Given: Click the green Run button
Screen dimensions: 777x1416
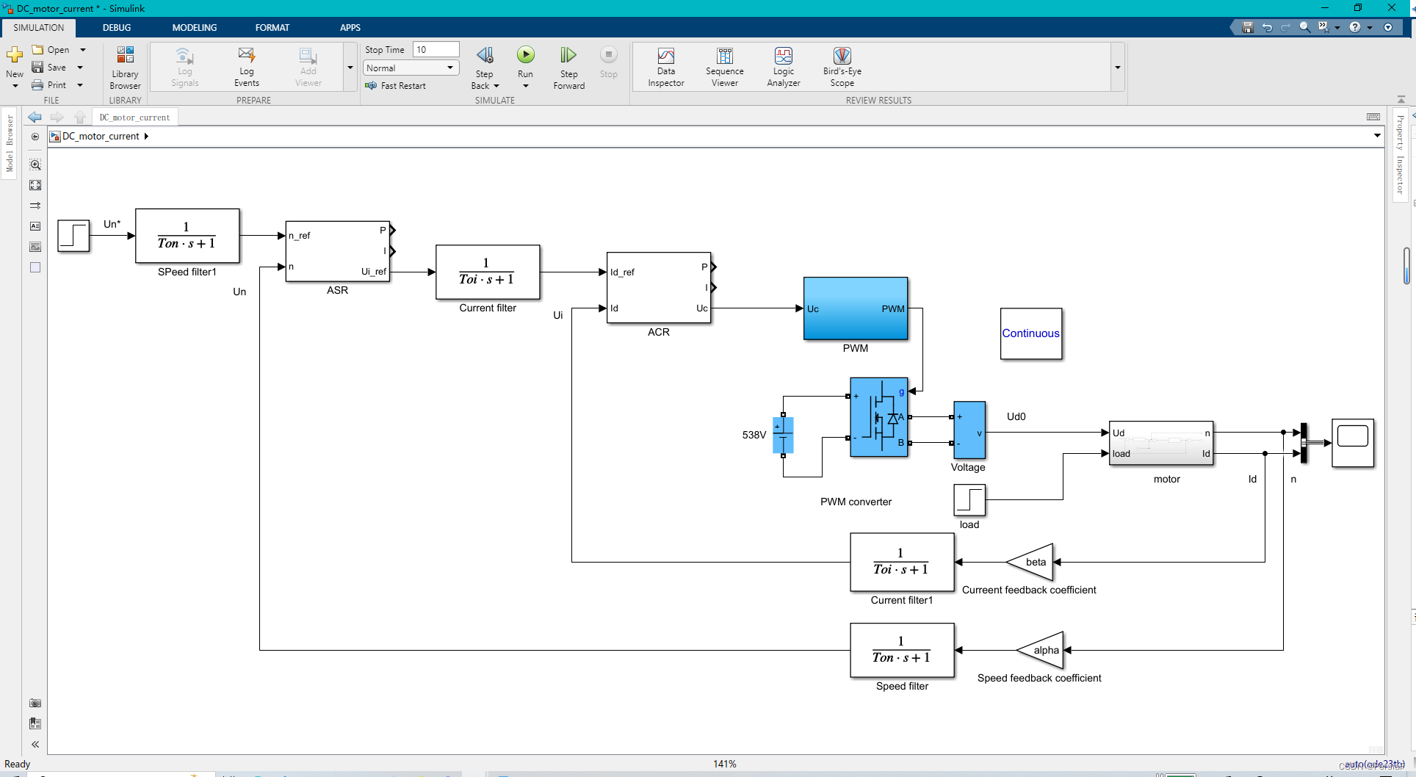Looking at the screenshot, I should tap(525, 55).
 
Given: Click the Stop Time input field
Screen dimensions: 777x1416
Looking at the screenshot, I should tap(436, 49).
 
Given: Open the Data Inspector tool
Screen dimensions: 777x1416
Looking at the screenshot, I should tap(665, 67).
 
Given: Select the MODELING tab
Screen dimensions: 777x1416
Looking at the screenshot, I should tap(194, 27).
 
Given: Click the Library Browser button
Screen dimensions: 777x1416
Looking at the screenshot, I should tap(125, 67).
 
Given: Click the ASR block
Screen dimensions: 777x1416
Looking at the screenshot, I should tap(337, 251).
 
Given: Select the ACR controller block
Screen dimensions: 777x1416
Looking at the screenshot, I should tap(658, 288).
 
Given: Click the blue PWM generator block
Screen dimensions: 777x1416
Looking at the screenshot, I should tap(855, 308).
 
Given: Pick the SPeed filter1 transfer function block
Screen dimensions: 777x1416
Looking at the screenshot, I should tap(187, 236).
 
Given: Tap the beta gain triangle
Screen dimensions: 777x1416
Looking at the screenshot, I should tap(1032, 562).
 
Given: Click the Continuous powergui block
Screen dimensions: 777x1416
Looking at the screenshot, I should tap(1030, 333).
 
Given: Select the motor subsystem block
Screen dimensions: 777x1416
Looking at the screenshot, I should tap(1160, 443).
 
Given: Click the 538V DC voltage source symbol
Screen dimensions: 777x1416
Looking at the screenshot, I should tap(783, 435).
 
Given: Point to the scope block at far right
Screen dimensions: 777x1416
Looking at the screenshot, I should tap(1352, 443).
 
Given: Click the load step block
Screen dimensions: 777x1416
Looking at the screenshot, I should tap(969, 500).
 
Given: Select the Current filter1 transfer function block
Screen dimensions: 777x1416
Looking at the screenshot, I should tap(901, 562).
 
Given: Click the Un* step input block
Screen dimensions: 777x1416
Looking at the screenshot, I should tap(73, 236).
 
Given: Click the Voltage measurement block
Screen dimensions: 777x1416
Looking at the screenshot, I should tap(969, 430).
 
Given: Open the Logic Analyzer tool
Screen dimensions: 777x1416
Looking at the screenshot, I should tap(783, 67).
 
